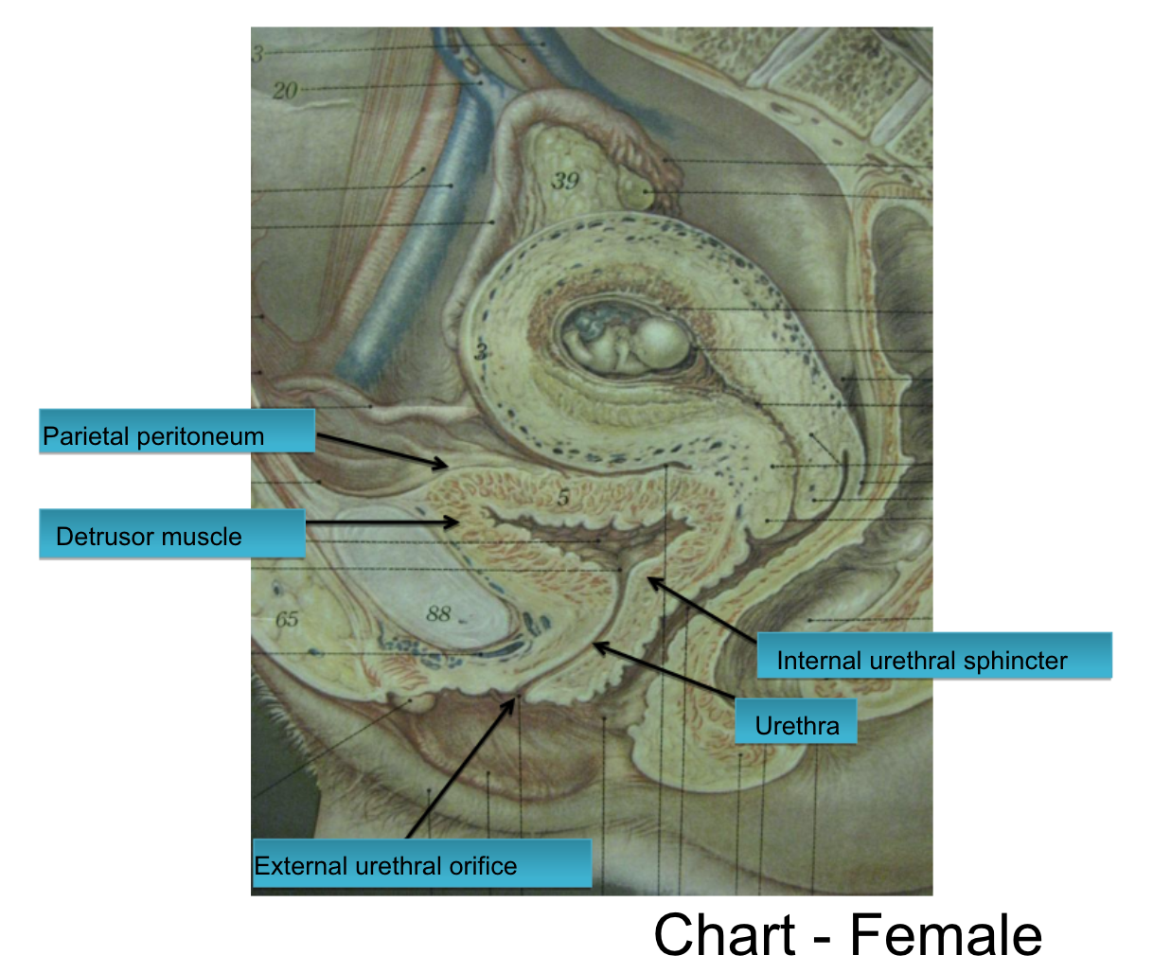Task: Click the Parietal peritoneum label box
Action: (x=176, y=432)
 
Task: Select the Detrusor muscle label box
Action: (x=171, y=535)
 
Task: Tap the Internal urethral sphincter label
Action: (x=933, y=657)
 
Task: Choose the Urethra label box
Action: (x=796, y=722)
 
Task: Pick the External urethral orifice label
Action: (x=420, y=863)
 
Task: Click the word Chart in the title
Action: (x=724, y=935)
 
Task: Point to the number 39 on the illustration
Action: (x=565, y=180)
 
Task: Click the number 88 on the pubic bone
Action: (x=438, y=613)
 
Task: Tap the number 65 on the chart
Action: (x=287, y=619)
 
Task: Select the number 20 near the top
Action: (x=284, y=91)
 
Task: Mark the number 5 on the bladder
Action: (x=563, y=496)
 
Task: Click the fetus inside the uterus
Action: (x=625, y=341)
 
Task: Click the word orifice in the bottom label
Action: (x=483, y=865)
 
